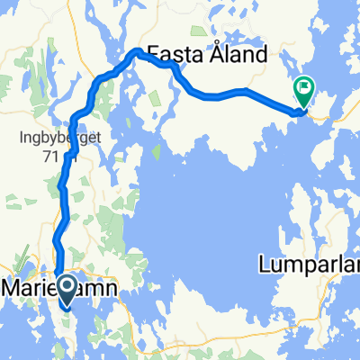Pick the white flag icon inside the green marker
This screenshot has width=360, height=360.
303,88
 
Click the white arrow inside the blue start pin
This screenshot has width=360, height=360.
67,289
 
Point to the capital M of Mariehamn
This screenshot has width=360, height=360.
14,288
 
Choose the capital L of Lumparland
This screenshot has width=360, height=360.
263,265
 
